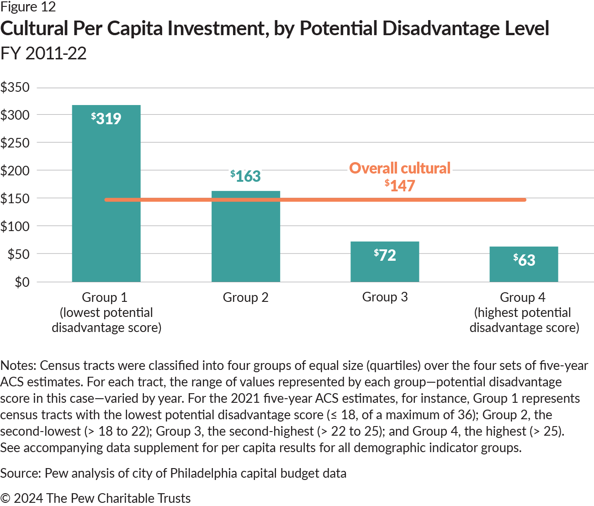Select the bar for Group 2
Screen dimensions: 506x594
coord(245,242)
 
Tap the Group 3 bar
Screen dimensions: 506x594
coord(385,269)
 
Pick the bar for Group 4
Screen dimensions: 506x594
coord(524,272)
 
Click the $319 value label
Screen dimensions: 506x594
coord(106,119)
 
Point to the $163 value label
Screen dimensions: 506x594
coord(245,176)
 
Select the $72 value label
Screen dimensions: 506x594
coord(385,255)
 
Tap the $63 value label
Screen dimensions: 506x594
coord(524,260)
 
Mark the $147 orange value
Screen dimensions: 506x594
coord(400,185)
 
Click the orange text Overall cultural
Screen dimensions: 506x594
coord(400,168)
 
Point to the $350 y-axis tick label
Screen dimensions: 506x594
coord(15,87)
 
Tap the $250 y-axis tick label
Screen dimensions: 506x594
coord(15,143)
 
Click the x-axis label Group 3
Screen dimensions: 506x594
coord(385,297)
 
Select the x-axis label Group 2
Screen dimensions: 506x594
coord(245,297)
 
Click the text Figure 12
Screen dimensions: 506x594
coord(28,7)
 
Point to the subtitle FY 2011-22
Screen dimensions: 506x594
coord(43,53)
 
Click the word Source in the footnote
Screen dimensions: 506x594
coord(20,473)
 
